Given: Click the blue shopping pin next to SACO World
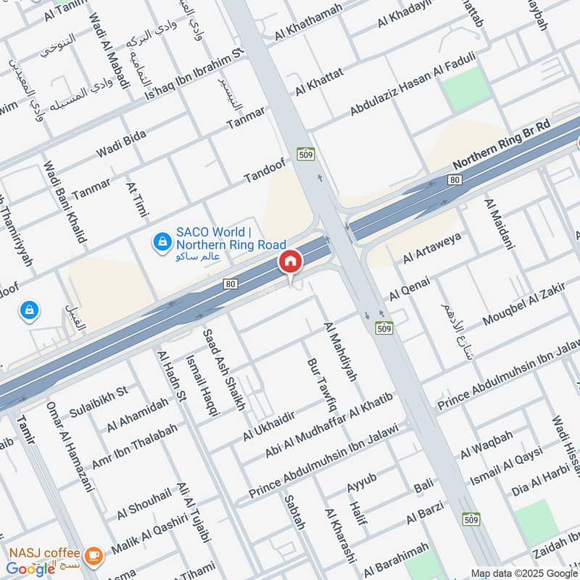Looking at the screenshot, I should click(161, 239).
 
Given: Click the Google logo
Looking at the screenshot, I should click(31, 568).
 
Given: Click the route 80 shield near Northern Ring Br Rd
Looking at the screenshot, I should click(455, 179).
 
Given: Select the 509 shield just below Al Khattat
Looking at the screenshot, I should click(304, 154).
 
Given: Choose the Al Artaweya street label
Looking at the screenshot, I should click(432, 249).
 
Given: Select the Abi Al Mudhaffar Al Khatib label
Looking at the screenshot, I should click(328, 426).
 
